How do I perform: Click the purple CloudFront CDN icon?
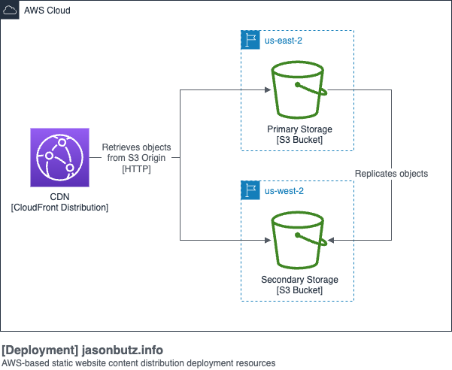59,157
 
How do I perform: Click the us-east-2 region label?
283,40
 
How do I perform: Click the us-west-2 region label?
284,191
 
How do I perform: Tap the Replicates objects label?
391,174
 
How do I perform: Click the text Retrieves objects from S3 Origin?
136,152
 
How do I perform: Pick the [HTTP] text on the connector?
136,169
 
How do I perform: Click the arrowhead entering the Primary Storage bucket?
266,90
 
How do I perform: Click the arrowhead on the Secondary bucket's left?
266,241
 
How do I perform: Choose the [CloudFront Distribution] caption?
59,207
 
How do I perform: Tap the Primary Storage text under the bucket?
299,129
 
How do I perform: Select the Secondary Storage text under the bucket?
299,280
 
